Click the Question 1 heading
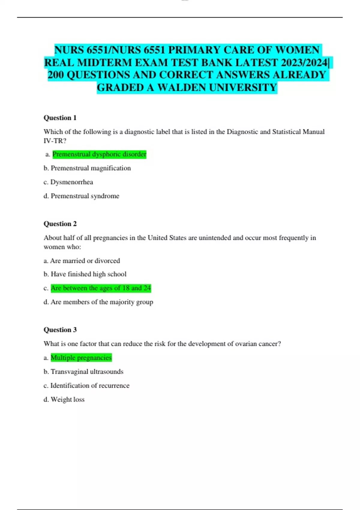(60, 118)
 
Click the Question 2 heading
(60, 224)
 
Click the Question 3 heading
(60, 330)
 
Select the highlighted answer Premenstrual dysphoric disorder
(99, 154)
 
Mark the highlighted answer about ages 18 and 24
(101, 288)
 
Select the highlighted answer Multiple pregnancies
(81, 358)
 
